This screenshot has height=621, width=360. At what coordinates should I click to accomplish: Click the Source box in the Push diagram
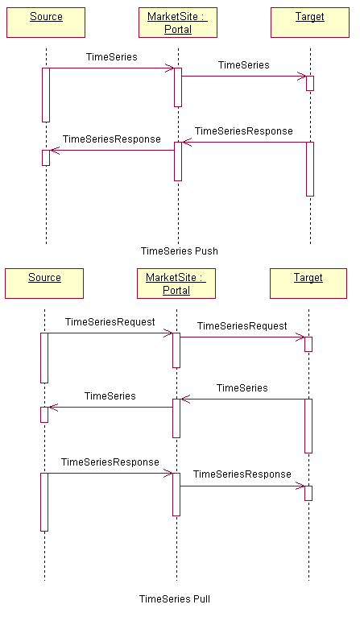[x=46, y=23]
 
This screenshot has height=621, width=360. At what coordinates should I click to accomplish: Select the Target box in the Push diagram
[x=310, y=23]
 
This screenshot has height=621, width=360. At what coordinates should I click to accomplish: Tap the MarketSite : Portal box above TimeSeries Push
[x=178, y=23]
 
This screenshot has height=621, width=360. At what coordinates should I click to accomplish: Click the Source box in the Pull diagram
[x=44, y=284]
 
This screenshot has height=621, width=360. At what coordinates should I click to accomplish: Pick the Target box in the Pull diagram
[x=308, y=284]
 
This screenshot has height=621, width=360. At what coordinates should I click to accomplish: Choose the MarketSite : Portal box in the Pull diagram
[x=176, y=284]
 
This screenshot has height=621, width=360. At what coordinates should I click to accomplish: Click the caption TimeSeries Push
[x=180, y=251]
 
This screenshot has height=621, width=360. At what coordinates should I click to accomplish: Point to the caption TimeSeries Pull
[x=175, y=598]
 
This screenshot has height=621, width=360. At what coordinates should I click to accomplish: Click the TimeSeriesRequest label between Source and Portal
[x=110, y=322]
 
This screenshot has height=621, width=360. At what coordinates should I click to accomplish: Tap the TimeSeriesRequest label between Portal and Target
[x=242, y=326]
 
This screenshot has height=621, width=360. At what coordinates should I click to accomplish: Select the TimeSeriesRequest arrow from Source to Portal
[x=110, y=333]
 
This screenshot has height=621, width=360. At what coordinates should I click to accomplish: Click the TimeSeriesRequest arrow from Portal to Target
[x=242, y=337]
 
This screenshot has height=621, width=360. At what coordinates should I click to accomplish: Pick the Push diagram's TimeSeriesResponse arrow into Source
[x=112, y=150]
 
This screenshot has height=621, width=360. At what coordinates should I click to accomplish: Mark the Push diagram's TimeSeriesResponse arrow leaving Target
[x=244, y=143]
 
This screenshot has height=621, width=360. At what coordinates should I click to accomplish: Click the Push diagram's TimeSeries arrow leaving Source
[x=112, y=68]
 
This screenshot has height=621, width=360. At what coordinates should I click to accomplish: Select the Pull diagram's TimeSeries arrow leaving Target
[x=242, y=400]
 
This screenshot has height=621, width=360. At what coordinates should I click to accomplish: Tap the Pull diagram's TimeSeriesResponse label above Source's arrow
[x=110, y=462]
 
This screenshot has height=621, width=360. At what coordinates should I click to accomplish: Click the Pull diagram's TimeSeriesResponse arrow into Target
[x=242, y=486]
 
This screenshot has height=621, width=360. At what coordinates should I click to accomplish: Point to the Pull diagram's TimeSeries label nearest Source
[x=110, y=396]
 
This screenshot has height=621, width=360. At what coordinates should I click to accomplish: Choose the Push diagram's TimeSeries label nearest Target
[x=243, y=65]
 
